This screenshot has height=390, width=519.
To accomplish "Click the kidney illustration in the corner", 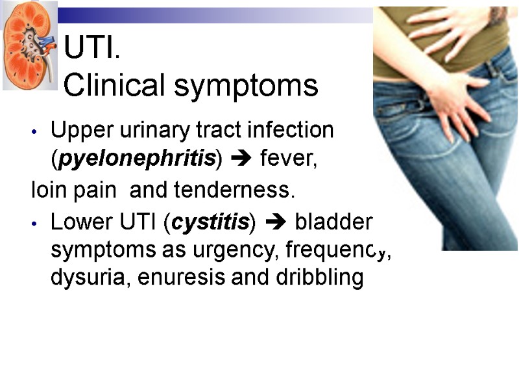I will coord(29,45).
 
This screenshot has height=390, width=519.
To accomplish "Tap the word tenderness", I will coord(247,192).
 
